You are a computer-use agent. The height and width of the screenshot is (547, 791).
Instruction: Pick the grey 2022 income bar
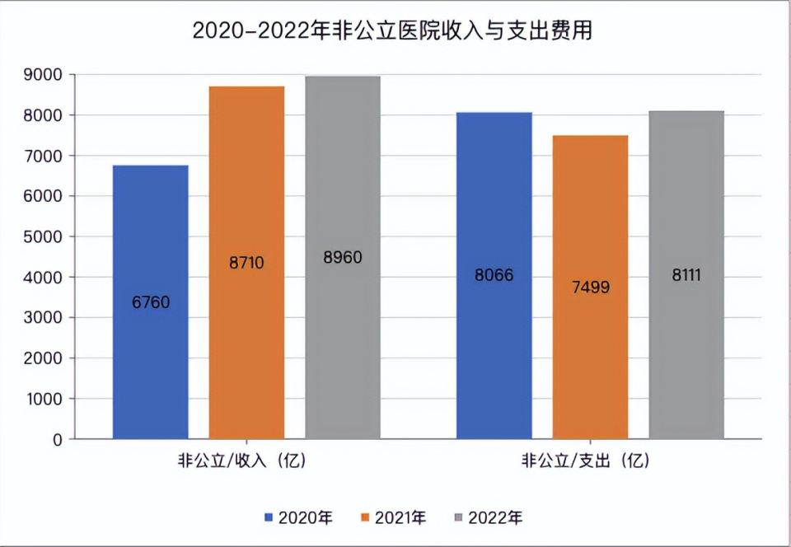343,346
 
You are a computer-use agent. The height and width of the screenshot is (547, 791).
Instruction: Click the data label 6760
151,302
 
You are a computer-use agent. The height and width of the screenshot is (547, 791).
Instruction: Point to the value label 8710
246,264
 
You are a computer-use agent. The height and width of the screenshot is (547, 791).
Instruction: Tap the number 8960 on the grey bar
343,258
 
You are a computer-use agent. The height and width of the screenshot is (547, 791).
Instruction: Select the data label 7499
590,288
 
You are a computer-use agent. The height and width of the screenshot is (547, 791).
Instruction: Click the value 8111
686,275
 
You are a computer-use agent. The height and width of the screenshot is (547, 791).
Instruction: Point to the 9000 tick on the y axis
46,75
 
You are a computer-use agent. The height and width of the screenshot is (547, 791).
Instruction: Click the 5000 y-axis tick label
46,237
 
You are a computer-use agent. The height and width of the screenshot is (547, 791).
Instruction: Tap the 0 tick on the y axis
58,440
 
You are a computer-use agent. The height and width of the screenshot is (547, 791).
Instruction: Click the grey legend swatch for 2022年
459,518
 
